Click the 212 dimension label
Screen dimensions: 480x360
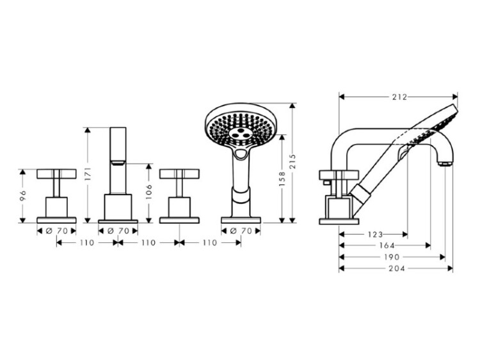[400, 97]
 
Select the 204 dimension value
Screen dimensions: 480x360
[397, 269]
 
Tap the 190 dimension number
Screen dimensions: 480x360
[392, 257]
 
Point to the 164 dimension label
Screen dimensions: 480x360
[387, 246]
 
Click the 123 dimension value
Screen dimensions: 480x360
[375, 235]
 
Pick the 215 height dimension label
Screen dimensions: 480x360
[292, 161]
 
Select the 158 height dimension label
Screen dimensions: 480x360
[282, 179]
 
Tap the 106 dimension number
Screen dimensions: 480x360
[148, 191]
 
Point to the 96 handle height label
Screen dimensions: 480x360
[22, 195]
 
